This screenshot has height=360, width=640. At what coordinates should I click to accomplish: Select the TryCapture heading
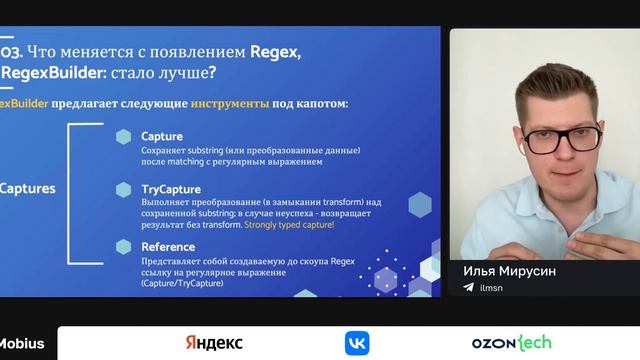171,189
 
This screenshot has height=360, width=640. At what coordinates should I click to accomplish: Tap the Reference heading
168,246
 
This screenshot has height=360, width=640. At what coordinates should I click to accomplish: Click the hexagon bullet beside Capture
123,136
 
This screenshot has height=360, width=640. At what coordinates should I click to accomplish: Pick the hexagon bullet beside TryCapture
123,190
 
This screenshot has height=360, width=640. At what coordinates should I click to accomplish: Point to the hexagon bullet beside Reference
123,247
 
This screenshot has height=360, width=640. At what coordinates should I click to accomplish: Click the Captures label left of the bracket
27,187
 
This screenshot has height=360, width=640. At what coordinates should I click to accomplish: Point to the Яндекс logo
213,343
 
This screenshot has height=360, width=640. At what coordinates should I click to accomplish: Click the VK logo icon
357,343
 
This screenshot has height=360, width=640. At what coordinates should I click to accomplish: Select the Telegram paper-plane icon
468,287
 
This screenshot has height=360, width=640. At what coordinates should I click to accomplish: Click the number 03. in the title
11,52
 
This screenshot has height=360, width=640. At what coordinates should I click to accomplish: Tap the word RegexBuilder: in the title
51,73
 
